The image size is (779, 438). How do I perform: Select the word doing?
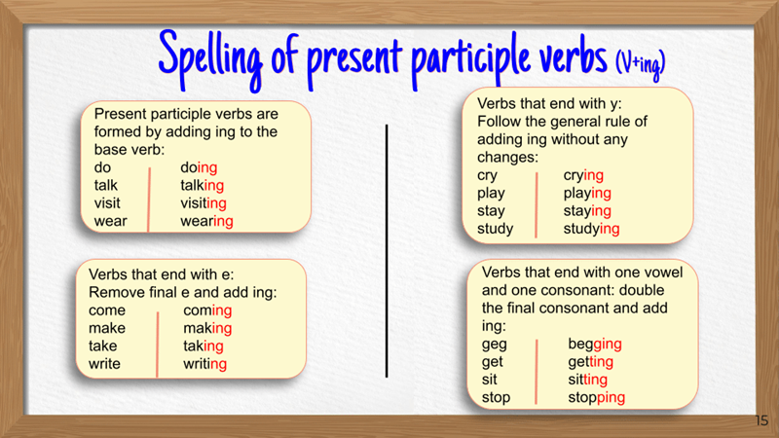[x=199, y=167]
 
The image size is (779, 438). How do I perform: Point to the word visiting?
[x=204, y=203]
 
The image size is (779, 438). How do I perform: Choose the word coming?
[x=207, y=310]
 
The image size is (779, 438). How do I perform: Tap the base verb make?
[x=107, y=328]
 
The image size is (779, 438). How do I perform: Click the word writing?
[x=204, y=364]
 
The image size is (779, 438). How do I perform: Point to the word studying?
[x=591, y=229]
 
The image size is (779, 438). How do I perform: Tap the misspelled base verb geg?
[x=494, y=344]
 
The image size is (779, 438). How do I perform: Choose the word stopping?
[x=597, y=397]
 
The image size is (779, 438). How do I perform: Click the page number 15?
[x=761, y=420]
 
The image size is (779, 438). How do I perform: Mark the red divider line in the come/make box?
[x=157, y=343]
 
